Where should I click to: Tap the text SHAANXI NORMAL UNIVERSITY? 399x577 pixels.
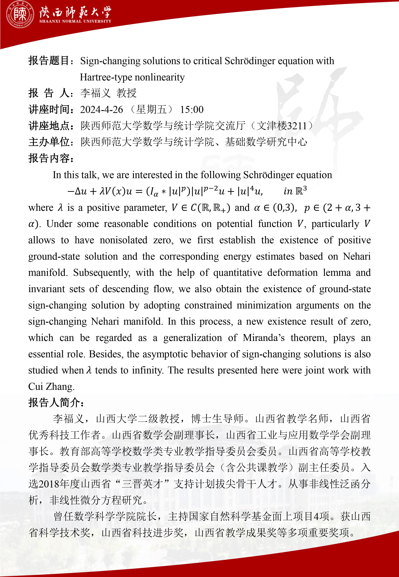pos(75,21)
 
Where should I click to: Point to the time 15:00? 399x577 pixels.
pos(192,110)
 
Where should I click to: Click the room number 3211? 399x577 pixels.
pos(297,126)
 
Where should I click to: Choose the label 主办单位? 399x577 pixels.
pos(49,142)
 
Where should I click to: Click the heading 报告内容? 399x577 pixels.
pos(49,158)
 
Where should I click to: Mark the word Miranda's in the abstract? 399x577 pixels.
pos(264,338)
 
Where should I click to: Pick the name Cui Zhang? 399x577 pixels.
pos(51,386)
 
